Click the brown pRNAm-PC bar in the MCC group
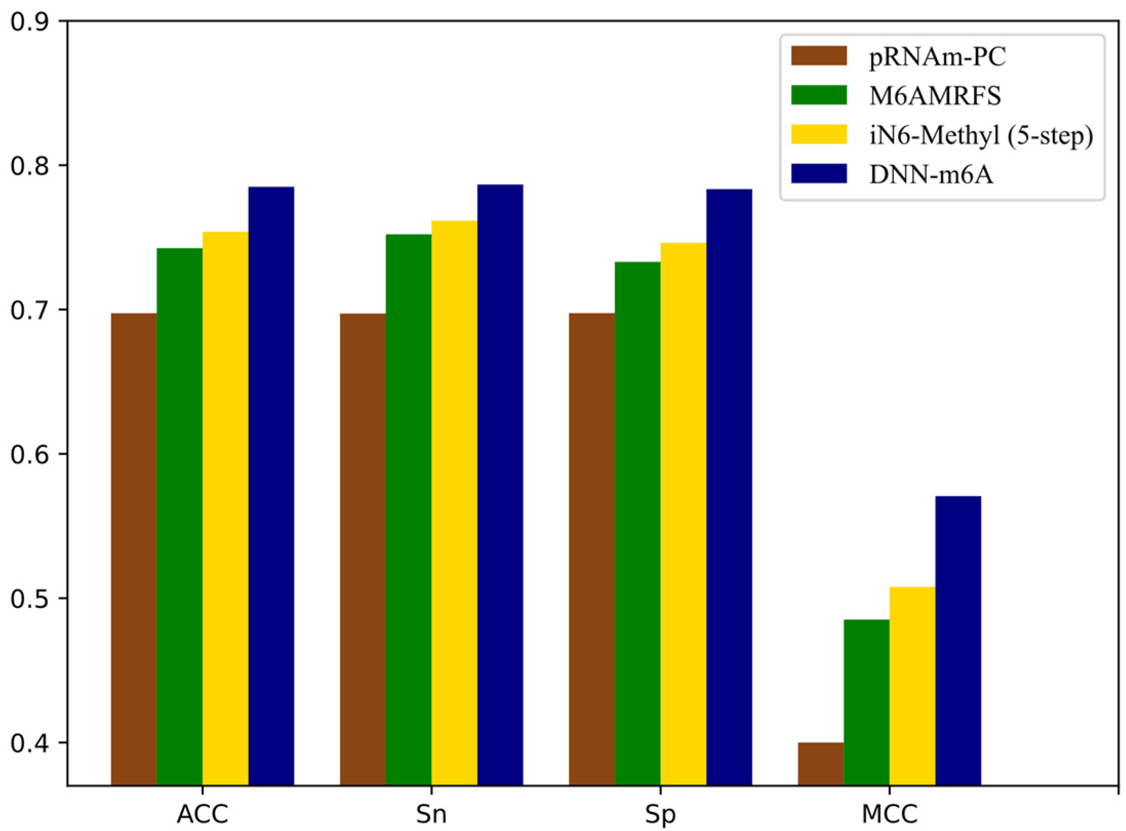pyautogui.click(x=820, y=763)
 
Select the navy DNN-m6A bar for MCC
pyautogui.click(x=958, y=640)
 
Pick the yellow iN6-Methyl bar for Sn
pyautogui.click(x=454, y=502)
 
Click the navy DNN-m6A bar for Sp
pyautogui.click(x=729, y=487)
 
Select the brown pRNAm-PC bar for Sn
pyautogui.click(x=363, y=549)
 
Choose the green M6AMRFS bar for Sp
pyautogui.click(x=637, y=523)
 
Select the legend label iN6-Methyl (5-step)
pyautogui.click(x=981, y=135)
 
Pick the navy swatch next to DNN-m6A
pyautogui.click(x=818, y=174)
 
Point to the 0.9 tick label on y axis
pyautogui.click(x=31, y=22)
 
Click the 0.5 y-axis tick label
pyautogui.click(x=31, y=599)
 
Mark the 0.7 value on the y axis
pyautogui.click(x=31, y=310)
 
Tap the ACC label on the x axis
pyautogui.click(x=203, y=814)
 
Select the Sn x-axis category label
pyautogui.click(x=431, y=814)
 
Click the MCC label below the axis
pyautogui.click(x=890, y=814)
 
